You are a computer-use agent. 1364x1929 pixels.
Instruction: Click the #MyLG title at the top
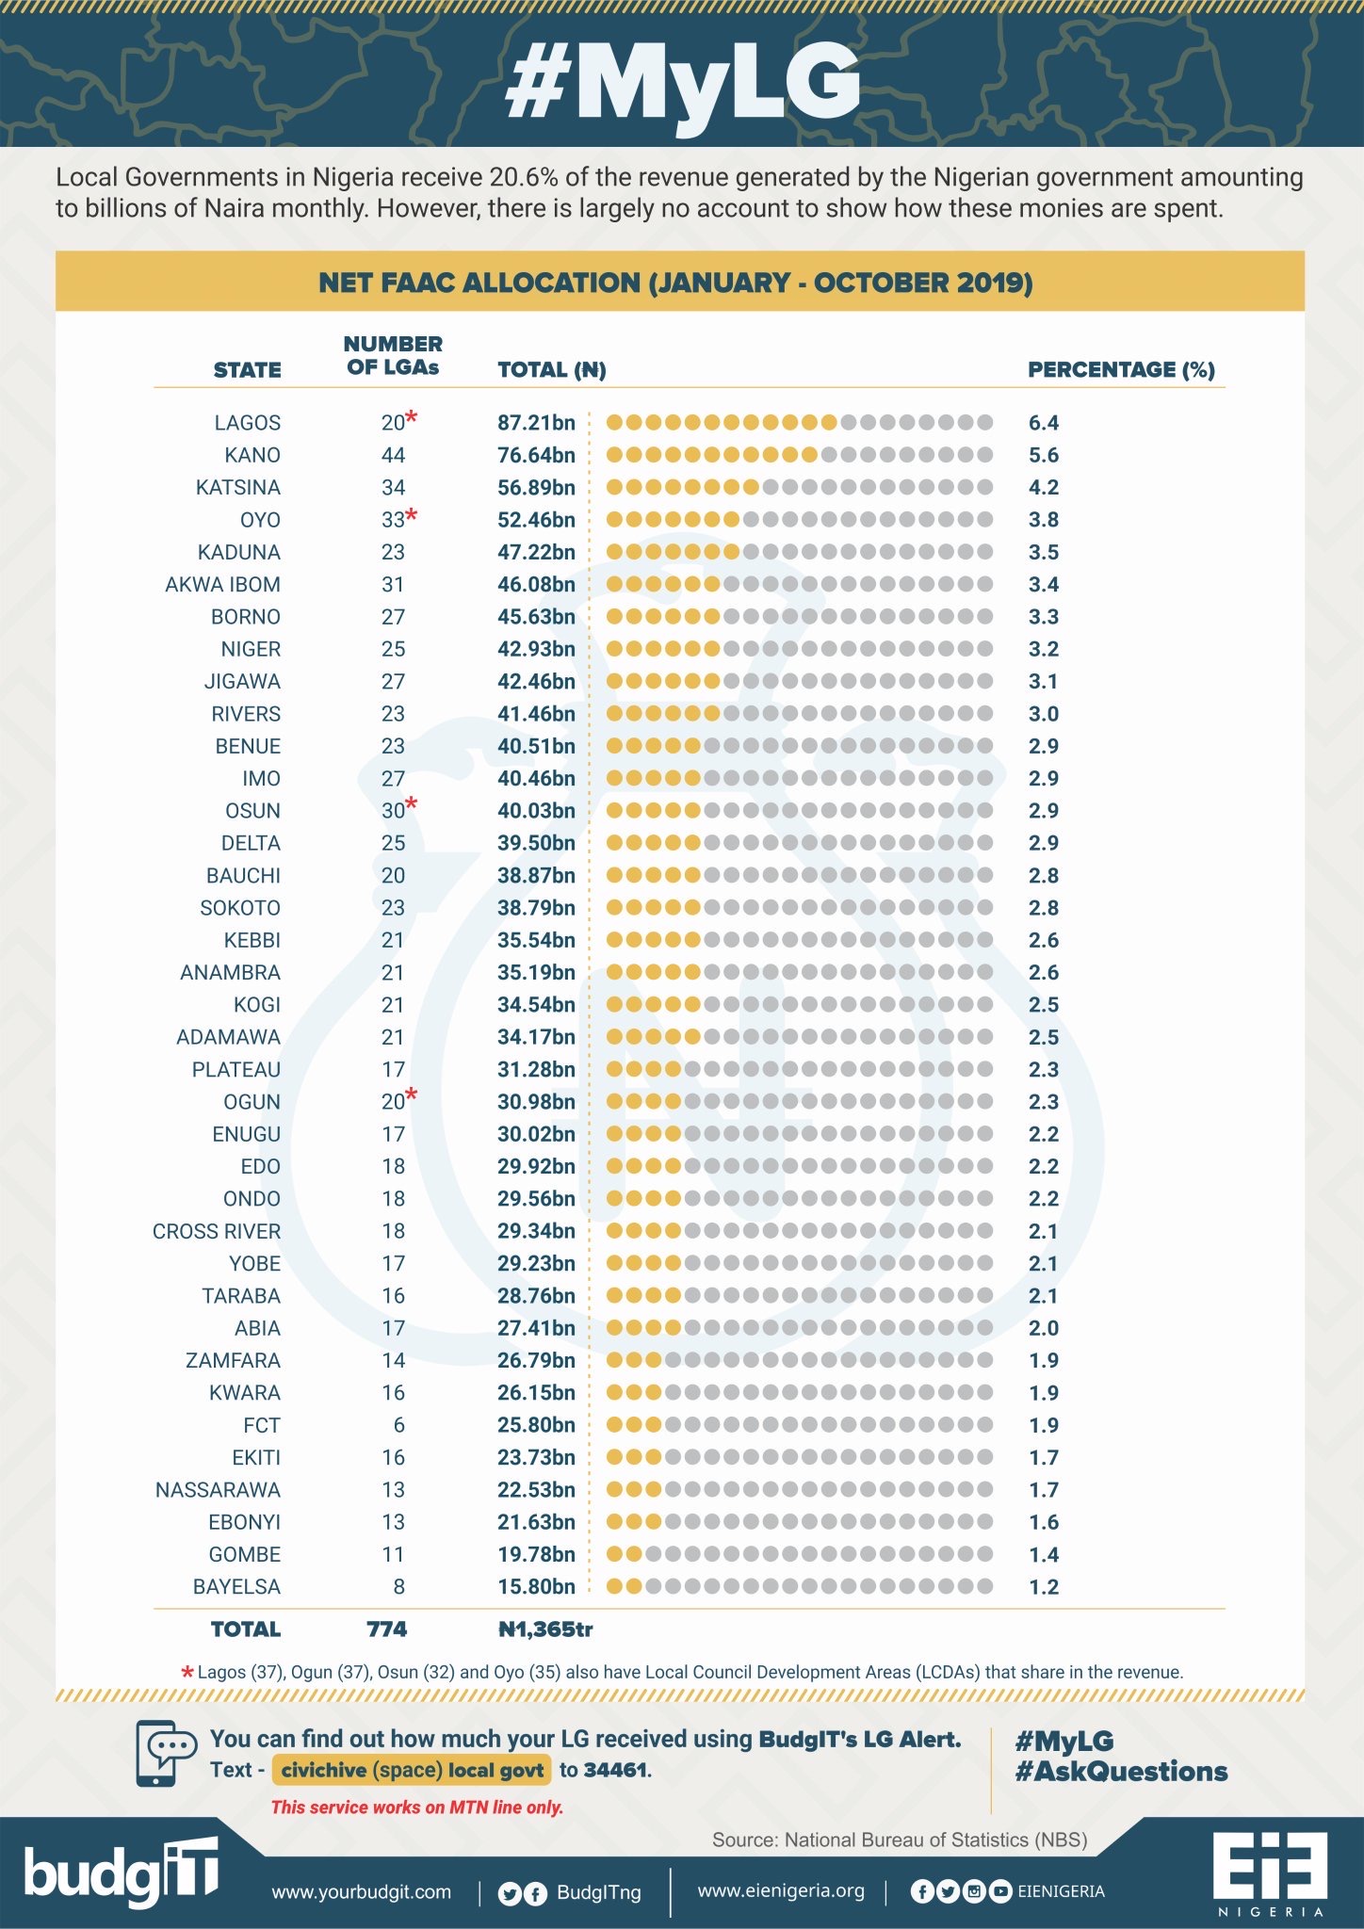pyautogui.click(x=682, y=83)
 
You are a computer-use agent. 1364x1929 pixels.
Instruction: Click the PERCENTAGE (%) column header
pyautogui.click(x=1121, y=369)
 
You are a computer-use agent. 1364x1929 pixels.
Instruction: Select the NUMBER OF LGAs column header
pyautogui.click(x=393, y=356)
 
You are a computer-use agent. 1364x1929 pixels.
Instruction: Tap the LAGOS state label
pyautogui.click(x=247, y=423)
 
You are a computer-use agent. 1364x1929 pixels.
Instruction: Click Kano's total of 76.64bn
pyautogui.click(x=536, y=455)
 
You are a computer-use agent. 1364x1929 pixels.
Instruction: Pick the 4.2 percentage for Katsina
pyautogui.click(x=1044, y=488)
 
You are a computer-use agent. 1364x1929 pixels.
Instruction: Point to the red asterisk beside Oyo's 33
pyautogui.click(x=412, y=515)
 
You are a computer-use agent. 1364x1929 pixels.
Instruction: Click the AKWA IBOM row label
pyautogui.click(x=222, y=585)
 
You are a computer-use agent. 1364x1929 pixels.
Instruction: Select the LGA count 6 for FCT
pyautogui.click(x=398, y=1425)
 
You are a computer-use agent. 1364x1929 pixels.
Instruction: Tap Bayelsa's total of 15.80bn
pyautogui.click(x=536, y=1587)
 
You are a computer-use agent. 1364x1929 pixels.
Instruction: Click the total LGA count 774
pyautogui.click(x=386, y=1629)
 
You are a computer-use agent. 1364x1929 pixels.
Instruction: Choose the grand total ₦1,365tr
pyautogui.click(x=545, y=1629)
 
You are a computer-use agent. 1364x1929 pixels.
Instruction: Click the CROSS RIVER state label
pyautogui.click(x=217, y=1231)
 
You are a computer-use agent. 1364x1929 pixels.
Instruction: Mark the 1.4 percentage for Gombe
pyautogui.click(x=1044, y=1554)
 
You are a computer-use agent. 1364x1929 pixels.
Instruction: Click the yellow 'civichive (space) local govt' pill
pyautogui.click(x=412, y=1770)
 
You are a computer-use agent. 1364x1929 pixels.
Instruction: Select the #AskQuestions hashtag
pyautogui.click(x=1121, y=1772)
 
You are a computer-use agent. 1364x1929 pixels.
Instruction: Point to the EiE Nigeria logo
pyautogui.click(x=1270, y=1872)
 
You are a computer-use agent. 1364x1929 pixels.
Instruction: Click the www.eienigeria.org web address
pyautogui.click(x=781, y=1890)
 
